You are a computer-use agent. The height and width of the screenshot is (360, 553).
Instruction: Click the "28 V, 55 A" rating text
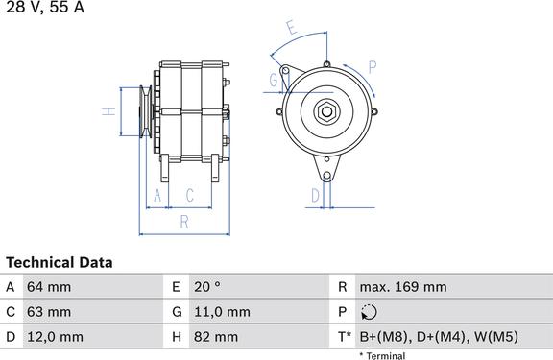pyautogui.click(x=45, y=7)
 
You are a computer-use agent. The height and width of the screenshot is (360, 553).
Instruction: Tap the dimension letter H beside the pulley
pyautogui.click(x=109, y=111)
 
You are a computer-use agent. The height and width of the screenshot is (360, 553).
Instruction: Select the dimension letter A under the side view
pyautogui.click(x=157, y=195)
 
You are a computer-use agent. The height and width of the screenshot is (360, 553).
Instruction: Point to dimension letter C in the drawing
pyautogui.click(x=190, y=195)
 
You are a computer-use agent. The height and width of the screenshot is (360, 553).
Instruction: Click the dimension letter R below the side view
pyautogui.click(x=184, y=222)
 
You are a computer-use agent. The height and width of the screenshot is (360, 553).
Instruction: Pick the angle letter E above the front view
pyautogui.click(x=292, y=28)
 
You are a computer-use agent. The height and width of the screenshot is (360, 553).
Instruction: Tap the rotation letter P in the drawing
pyautogui.click(x=373, y=67)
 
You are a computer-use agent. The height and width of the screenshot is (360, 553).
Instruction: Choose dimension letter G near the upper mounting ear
pyautogui.click(x=274, y=80)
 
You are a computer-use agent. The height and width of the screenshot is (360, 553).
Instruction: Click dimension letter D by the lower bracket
pyautogui.click(x=315, y=195)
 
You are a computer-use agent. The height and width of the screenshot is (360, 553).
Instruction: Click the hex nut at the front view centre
pyautogui.click(x=326, y=111)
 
